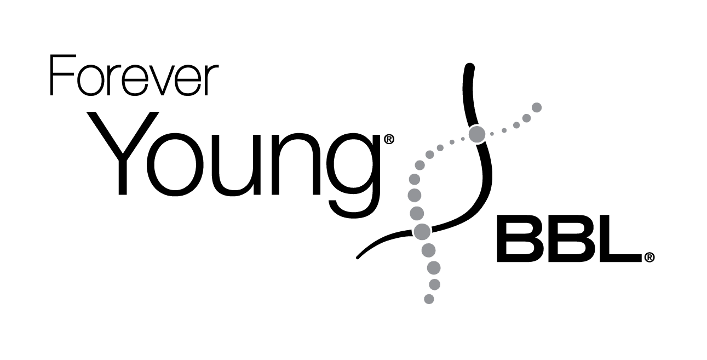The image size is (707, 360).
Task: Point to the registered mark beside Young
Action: pos(389,140)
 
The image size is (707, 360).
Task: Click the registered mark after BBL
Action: pos(649,257)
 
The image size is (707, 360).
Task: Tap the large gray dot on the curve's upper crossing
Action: pos(477,133)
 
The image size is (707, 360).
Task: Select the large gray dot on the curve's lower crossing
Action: pos(421,231)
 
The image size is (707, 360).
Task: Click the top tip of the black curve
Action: pos(469,67)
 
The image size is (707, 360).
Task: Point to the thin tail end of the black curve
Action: pos(359,256)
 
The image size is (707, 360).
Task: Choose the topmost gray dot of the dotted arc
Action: pos(537,107)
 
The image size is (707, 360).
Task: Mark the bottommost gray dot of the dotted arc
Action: pos(429,299)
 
